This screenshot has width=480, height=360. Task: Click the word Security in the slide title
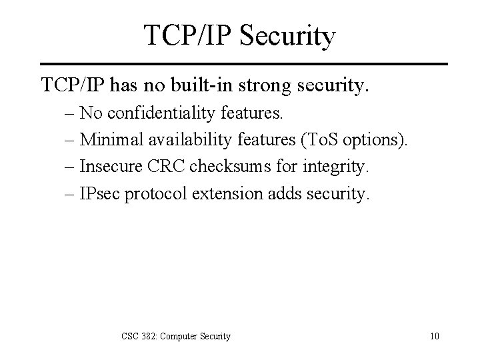(286, 37)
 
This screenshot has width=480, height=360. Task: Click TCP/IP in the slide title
(186, 37)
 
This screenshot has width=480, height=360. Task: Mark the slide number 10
(435, 336)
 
